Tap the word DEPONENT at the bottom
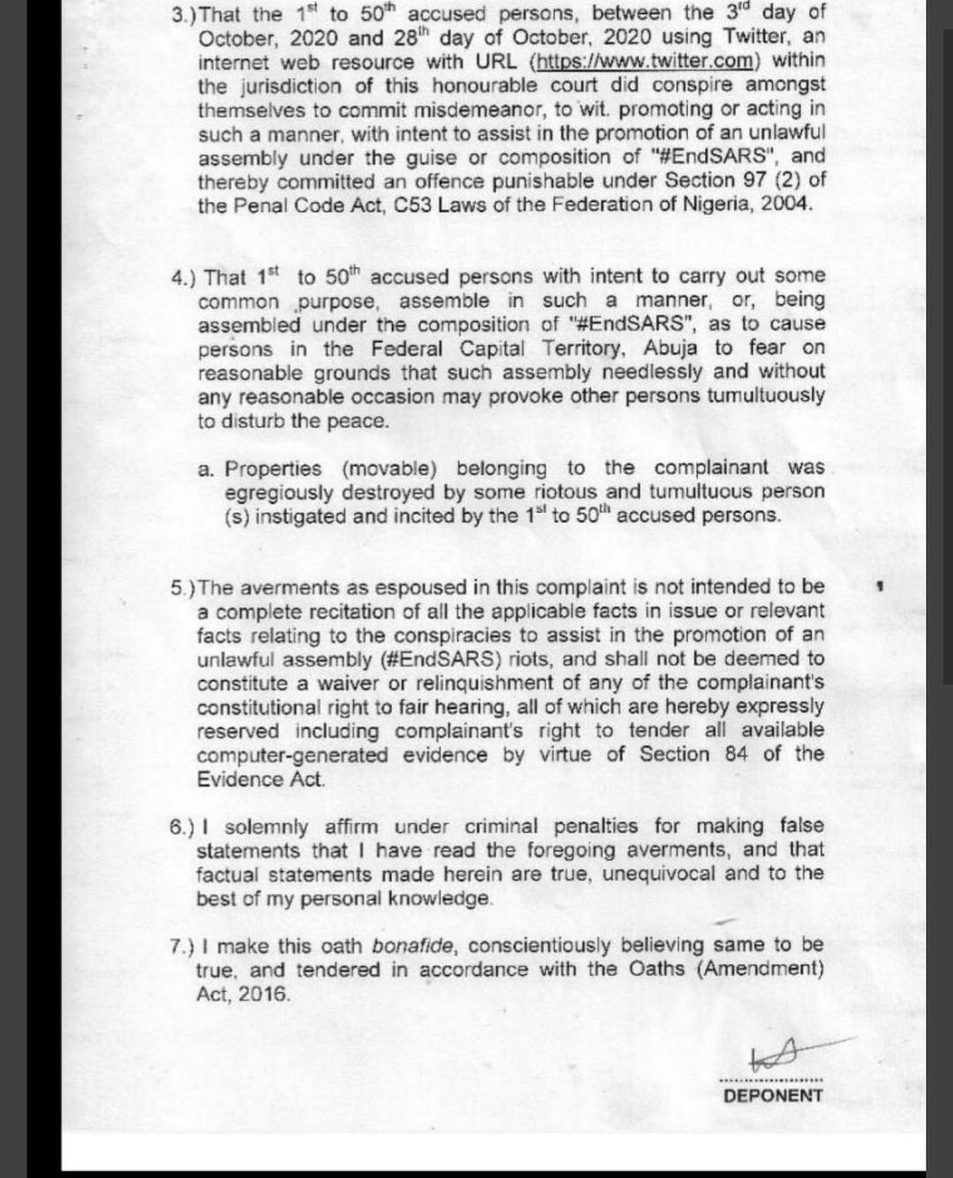pos(773,1095)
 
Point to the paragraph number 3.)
pos(185,14)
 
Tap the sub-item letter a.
pos(206,469)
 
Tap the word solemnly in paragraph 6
pos(266,827)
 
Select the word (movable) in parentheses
pos(389,469)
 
